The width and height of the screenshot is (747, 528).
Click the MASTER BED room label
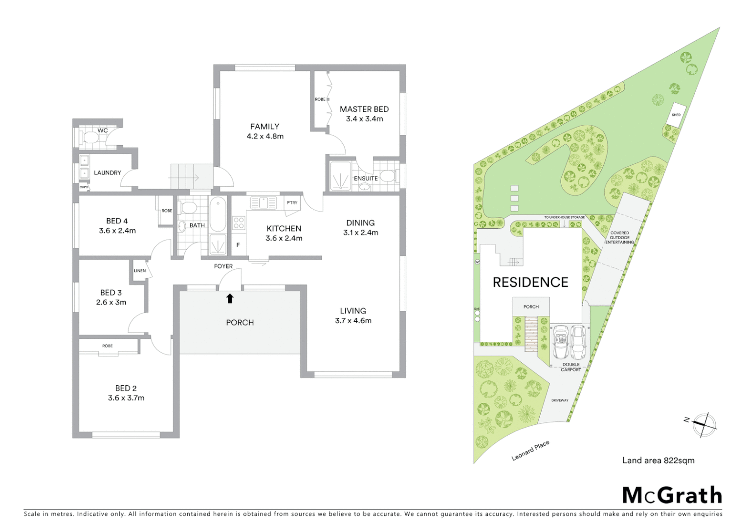pos(364,109)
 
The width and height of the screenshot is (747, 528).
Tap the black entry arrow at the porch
pos(230,298)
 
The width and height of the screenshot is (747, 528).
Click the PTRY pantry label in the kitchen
pos(292,203)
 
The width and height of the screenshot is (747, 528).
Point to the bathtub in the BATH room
pos(218,214)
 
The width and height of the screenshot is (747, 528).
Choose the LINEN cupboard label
pos(140,270)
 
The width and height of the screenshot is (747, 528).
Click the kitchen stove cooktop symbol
pos(239,223)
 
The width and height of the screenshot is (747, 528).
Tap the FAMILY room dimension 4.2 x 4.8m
pos(265,136)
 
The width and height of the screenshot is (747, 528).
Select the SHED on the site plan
pos(676,115)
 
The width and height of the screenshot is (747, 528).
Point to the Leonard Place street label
pos(530,450)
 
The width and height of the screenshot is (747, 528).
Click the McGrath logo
pos(672,495)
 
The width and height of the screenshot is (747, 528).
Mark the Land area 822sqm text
pos(658,460)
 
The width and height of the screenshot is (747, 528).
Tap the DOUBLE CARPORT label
pos(571,367)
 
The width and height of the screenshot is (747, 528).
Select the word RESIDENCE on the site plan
pos(530,282)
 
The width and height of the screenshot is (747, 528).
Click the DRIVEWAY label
pos(560,400)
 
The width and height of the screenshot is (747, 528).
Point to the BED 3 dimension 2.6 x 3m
pos(111,302)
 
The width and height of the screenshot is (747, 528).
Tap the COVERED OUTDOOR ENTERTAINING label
pos(619,238)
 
